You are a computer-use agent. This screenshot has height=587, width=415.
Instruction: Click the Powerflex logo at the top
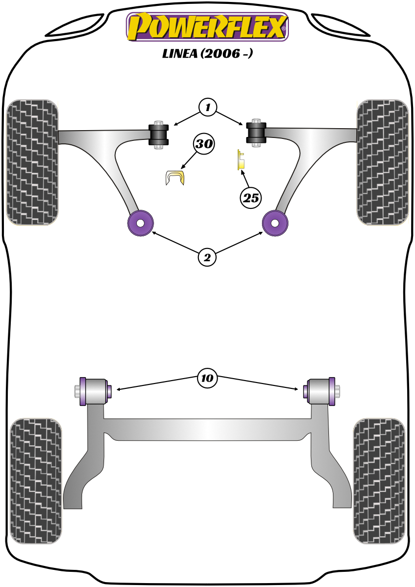pos(207,26)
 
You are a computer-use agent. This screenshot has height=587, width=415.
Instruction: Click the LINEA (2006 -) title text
pos(207,54)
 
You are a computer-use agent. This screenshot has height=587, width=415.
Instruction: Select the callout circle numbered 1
pos(207,107)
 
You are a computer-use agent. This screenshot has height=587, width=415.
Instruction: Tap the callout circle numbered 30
pos(203,144)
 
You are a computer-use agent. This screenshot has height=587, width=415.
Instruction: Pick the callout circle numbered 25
pos(251,198)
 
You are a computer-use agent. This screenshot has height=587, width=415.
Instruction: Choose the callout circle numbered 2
pos(207,257)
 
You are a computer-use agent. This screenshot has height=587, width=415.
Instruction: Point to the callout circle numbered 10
pos(207,378)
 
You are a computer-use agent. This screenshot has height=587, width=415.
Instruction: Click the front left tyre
pos(32,162)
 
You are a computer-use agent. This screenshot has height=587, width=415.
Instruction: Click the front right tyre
pos(383,162)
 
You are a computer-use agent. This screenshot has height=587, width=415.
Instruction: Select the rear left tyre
pos(36,480)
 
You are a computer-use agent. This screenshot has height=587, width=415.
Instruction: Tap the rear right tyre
pos(379,480)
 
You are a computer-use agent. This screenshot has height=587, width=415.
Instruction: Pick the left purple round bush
pos(140,223)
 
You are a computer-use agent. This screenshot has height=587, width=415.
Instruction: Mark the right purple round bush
pos(275,223)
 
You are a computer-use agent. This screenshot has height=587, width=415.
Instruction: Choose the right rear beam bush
pos(321,391)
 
